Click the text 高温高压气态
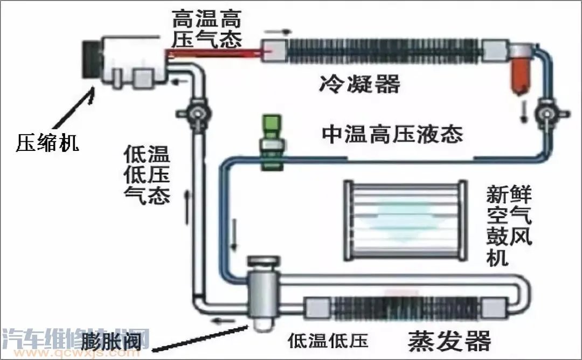pos(207,30)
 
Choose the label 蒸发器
pos(449,341)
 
